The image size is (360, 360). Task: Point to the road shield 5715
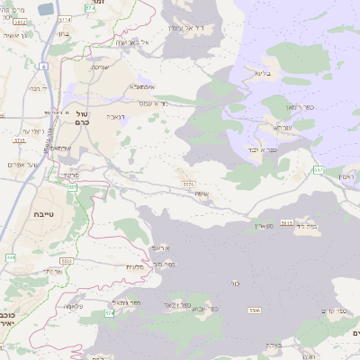pos(19,140)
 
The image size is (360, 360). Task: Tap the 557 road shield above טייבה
pos(72,187)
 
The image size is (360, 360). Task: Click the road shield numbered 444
pos(11,257)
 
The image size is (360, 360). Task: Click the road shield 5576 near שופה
pos(188,184)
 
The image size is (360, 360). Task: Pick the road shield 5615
pos(287,222)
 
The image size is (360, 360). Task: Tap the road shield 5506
pos(255,310)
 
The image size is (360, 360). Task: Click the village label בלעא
pos(262,73)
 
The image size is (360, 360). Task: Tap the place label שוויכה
pos(101,67)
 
